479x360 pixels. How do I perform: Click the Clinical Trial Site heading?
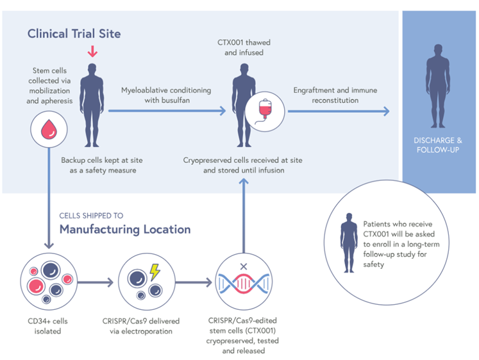(x=74, y=33)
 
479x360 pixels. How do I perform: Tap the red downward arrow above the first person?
(x=92, y=51)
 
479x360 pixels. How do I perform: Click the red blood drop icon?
(x=49, y=130)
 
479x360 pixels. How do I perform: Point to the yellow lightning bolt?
(x=155, y=272)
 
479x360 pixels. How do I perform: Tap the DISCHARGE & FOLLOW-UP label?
(x=438, y=145)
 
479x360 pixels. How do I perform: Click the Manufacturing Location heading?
(x=125, y=229)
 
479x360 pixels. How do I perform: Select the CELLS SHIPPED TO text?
(x=91, y=216)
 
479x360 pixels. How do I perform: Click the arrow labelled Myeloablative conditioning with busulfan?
(x=167, y=110)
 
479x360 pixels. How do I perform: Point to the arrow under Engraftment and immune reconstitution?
(x=339, y=111)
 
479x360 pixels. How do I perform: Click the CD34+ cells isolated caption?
(x=47, y=326)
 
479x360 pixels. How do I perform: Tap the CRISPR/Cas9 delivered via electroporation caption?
(x=141, y=326)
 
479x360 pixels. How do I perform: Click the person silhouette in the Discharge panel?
(x=438, y=86)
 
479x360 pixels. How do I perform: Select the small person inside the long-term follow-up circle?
(x=349, y=243)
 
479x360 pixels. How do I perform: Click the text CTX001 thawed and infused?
(x=244, y=47)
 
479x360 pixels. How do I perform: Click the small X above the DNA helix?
(x=244, y=266)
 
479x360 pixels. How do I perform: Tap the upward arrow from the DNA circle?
(x=244, y=216)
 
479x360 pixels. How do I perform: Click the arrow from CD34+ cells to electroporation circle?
(x=96, y=282)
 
